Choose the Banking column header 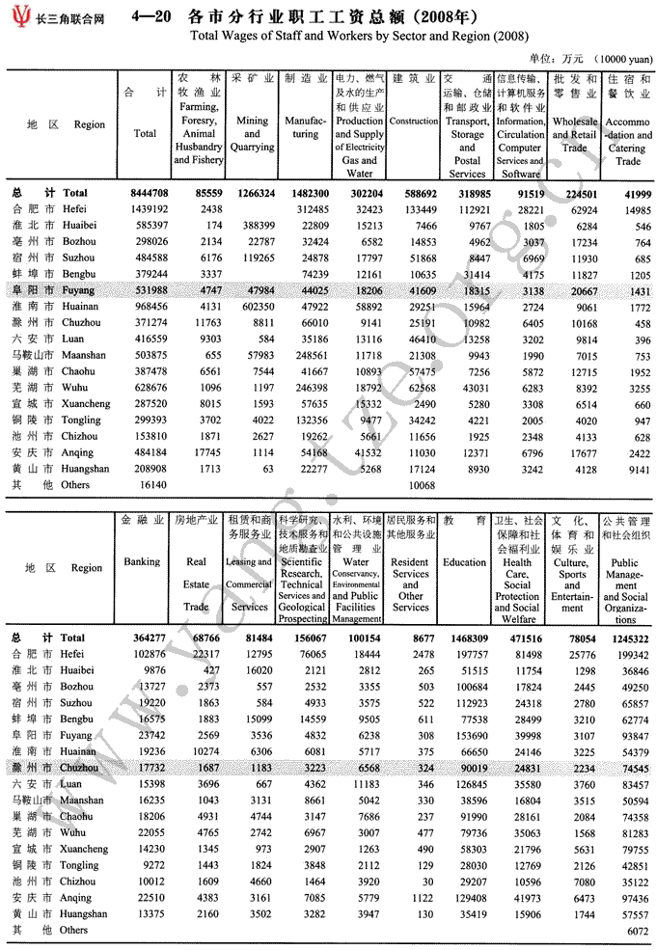[142, 562]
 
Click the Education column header [464, 562]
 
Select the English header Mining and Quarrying [252, 134]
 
